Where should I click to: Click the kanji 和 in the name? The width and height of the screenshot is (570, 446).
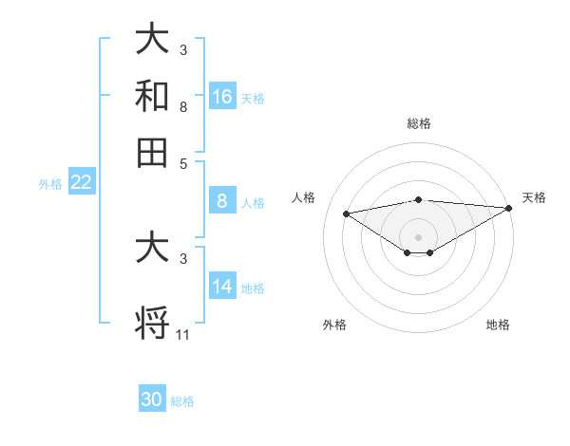(153, 96)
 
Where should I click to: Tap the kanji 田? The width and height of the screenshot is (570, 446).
(153, 151)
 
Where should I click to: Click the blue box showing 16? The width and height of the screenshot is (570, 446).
(222, 96)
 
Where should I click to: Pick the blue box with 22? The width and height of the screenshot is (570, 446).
(81, 183)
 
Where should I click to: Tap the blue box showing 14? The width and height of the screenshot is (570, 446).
(222, 288)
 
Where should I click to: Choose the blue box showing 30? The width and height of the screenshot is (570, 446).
(152, 400)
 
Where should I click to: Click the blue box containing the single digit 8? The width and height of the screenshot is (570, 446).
(222, 201)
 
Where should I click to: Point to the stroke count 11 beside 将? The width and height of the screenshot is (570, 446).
(183, 334)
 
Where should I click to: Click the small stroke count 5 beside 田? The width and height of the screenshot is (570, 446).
(183, 162)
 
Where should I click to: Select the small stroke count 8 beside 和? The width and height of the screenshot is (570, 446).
(183, 108)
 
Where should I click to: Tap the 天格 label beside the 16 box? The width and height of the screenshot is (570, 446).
(253, 98)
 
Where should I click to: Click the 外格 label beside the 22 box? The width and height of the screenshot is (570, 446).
(49, 184)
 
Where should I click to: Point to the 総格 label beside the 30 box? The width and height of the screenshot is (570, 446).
(182, 401)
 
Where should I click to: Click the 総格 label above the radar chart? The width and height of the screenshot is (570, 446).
(418, 123)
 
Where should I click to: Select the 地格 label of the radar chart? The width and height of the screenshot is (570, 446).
(498, 325)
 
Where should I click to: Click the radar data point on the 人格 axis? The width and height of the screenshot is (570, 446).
(346, 213)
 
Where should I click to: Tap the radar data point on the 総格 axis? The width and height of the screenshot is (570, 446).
(418, 199)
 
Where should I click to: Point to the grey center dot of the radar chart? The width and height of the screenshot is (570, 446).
(418, 236)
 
